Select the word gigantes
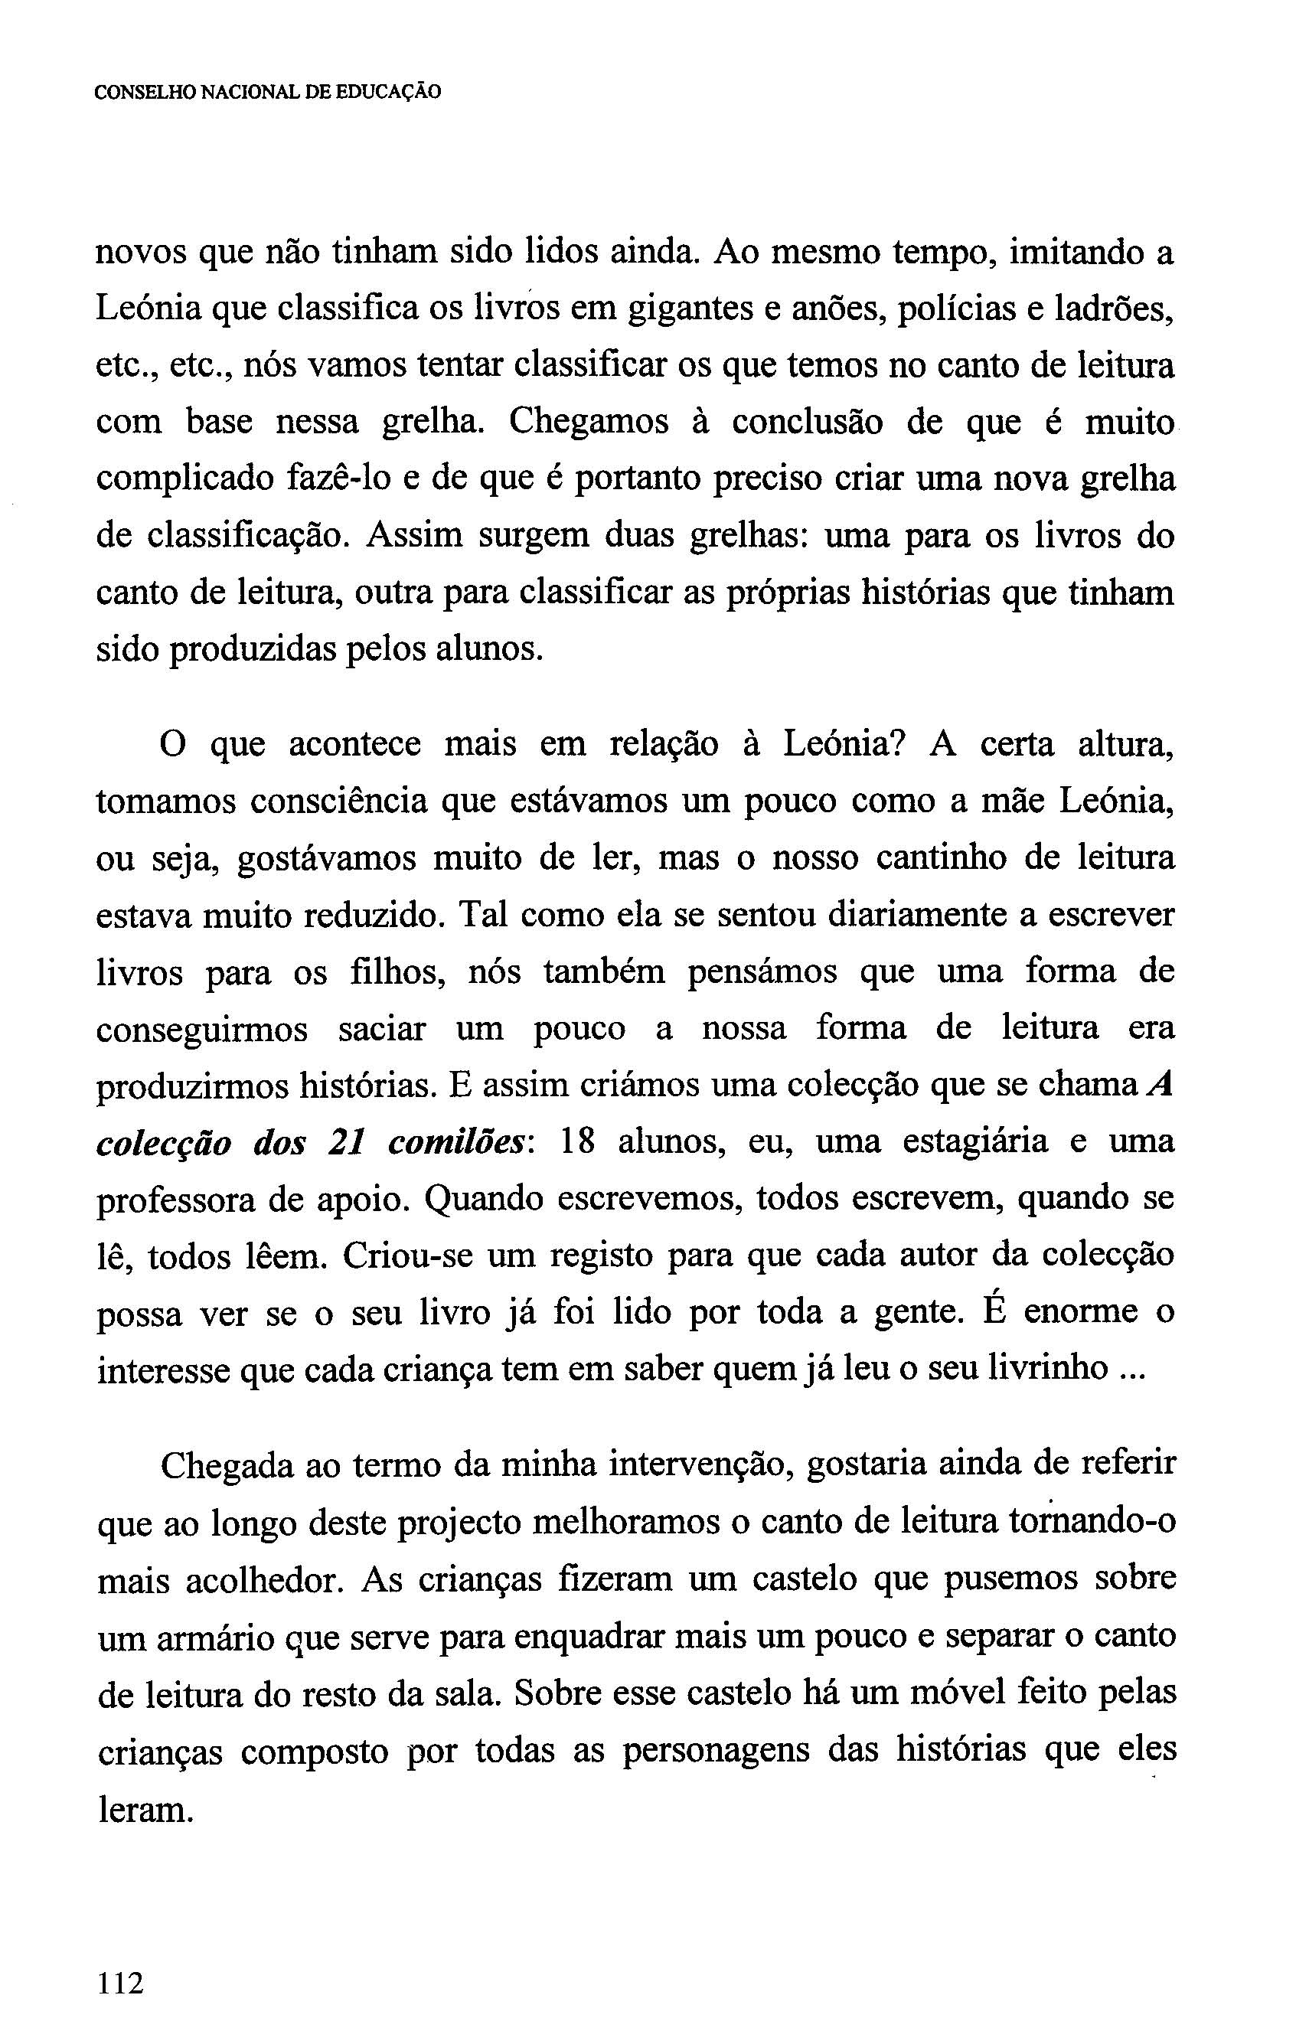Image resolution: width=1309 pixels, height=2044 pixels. point(688,309)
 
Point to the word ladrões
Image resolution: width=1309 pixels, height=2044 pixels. point(1114,309)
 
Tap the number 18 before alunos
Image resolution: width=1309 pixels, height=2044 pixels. point(577,1142)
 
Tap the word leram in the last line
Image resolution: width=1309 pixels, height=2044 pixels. point(145,1807)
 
